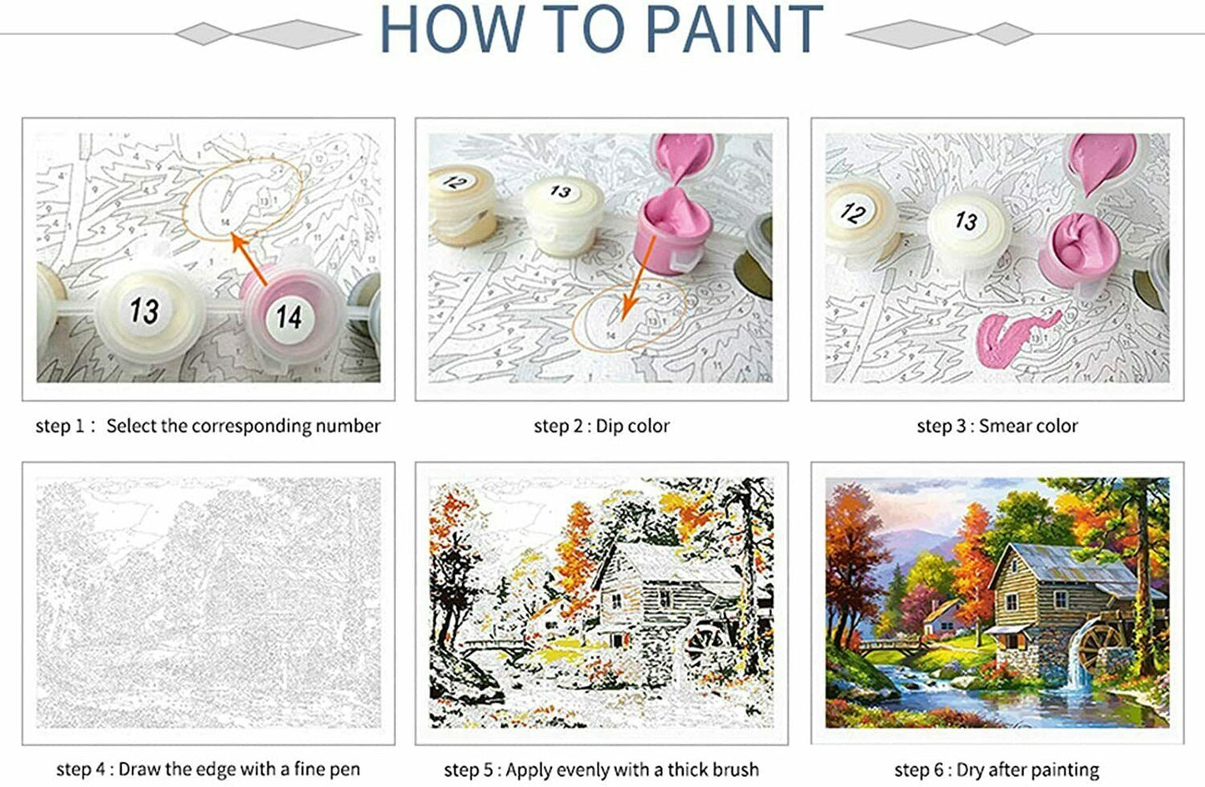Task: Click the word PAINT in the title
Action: (x=735, y=29)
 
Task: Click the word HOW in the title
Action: (x=453, y=29)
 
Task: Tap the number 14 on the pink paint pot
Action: (x=289, y=317)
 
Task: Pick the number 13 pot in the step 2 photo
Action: (x=563, y=215)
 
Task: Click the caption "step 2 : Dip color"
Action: (x=601, y=426)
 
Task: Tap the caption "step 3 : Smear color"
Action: (x=997, y=426)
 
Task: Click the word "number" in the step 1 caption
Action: (x=348, y=426)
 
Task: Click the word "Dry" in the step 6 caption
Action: (x=971, y=769)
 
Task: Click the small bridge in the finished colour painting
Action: (x=887, y=646)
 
